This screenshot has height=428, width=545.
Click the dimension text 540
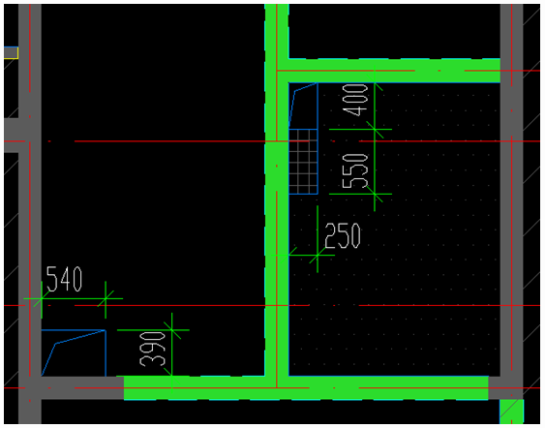(64, 279)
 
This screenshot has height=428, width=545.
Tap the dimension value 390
(153, 349)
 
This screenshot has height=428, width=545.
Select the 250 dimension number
(343, 235)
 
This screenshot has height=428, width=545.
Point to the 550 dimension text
(355, 170)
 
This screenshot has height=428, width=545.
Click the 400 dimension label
(355, 100)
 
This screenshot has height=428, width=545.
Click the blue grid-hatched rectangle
(303, 162)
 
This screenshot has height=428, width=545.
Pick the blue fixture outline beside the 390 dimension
(74, 352)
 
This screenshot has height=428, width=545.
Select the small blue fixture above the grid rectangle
(303, 106)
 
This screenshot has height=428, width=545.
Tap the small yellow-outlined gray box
(11, 53)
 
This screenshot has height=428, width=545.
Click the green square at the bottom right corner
(511, 412)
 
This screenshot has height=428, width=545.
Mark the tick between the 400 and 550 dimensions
(375, 129)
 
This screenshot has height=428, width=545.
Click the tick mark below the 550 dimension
(375, 194)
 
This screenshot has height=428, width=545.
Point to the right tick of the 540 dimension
(106, 298)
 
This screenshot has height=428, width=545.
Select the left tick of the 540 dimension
(42, 298)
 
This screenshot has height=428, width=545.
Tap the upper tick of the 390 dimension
(172, 329)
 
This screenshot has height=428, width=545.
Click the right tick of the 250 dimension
(318, 256)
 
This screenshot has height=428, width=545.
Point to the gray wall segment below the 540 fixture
(82, 387)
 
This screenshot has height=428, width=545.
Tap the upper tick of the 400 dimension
(375, 82)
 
